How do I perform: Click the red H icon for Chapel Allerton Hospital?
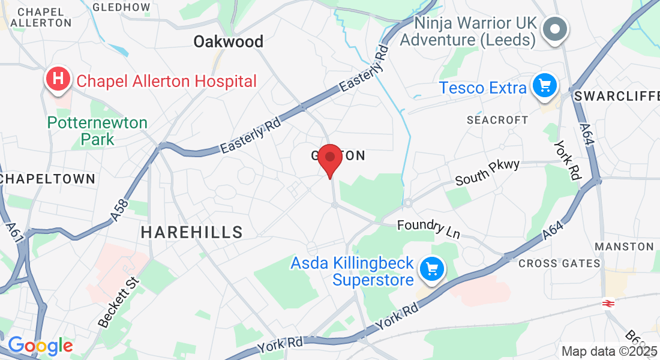pyautogui.click(x=58, y=80)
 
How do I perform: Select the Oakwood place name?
pyautogui.click(x=228, y=41)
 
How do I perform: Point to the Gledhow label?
pyautogui.click(x=122, y=7)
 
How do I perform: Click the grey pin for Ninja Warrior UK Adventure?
pyautogui.click(x=555, y=29)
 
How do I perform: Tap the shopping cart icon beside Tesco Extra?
pyautogui.click(x=544, y=86)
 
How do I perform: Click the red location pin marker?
pyautogui.click(x=329, y=158)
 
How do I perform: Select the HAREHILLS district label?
pyautogui.click(x=192, y=232)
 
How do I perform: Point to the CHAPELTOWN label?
pyautogui.click(x=48, y=179)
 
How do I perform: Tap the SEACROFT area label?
pyautogui.click(x=497, y=120)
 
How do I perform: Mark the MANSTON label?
pyautogui.click(x=624, y=247)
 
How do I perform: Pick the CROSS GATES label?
pyautogui.click(x=559, y=263)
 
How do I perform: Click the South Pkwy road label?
pyautogui.click(x=487, y=173)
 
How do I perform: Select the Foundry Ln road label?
pyautogui.click(x=428, y=229)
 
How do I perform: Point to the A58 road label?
pyautogui.click(x=120, y=211)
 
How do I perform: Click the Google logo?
pyautogui.click(x=40, y=346)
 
